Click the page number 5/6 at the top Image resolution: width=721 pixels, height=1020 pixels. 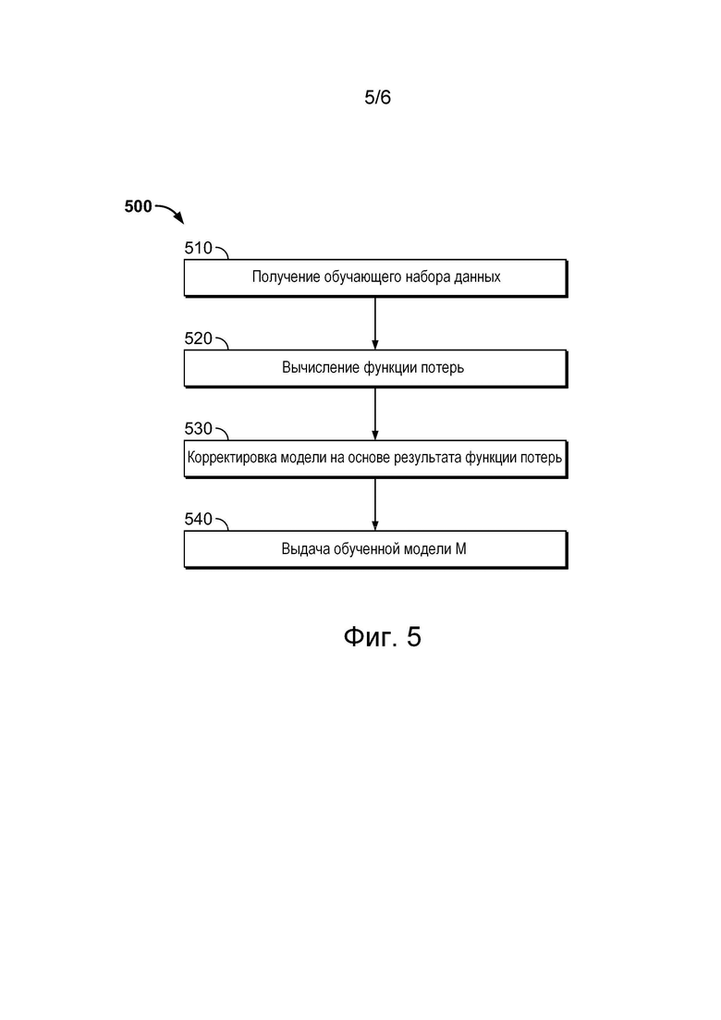point(377,98)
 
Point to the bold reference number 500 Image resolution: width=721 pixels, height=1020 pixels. point(138,206)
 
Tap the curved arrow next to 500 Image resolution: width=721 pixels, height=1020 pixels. point(170,213)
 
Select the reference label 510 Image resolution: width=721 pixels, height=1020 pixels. point(199,248)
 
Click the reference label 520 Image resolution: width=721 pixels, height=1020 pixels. point(199,338)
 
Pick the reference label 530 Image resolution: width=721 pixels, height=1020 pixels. point(199,429)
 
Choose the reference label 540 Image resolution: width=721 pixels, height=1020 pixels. point(199,519)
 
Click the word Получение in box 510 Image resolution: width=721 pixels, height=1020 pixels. point(286,277)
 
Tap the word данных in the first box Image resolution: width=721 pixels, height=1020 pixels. point(478,277)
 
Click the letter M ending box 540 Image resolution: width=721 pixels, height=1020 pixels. point(460,549)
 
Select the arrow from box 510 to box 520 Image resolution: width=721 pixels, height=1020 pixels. point(375,324)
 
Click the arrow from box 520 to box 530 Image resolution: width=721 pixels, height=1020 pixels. point(375,413)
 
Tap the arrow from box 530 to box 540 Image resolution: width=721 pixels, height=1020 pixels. point(375,504)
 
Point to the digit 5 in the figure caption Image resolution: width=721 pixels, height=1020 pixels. point(414,637)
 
